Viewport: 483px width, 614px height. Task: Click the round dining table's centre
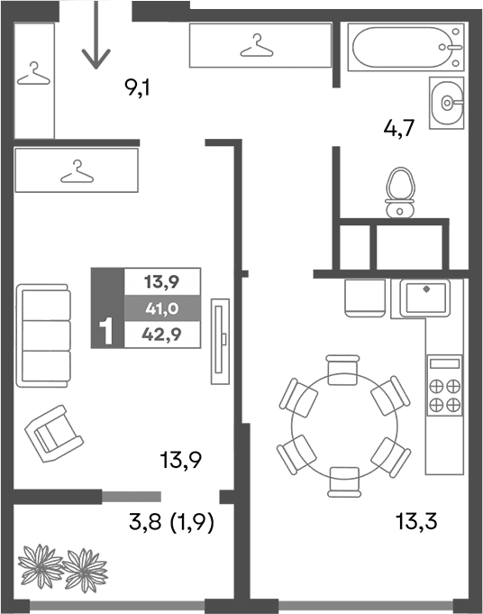[x=343, y=424]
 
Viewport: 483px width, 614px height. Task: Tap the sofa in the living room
[x=43, y=335]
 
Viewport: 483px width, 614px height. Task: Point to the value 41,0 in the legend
[x=162, y=307]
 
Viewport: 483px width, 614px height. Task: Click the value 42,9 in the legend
[x=162, y=334]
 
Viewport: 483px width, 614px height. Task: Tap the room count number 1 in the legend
[x=106, y=333]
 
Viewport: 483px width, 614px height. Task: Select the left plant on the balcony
[x=40, y=565]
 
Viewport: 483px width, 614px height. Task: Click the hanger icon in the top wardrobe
[x=259, y=44]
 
